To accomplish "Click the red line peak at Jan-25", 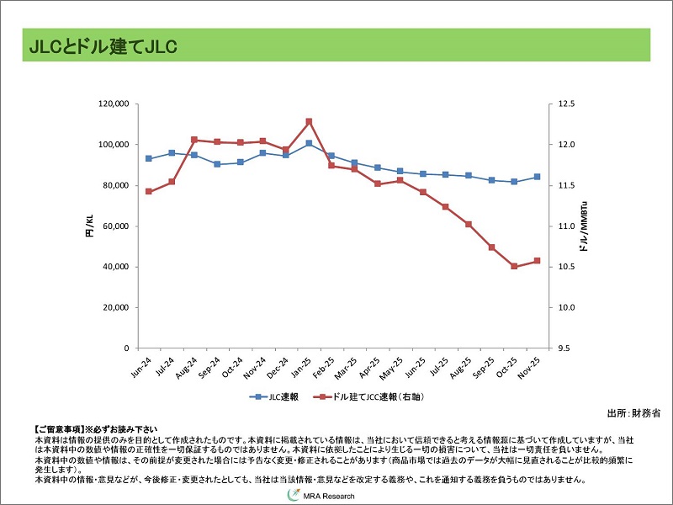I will pyautogui.click(x=309, y=121).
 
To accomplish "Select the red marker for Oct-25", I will pyautogui.click(x=514, y=266).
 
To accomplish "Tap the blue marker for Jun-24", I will pyautogui.click(x=149, y=158).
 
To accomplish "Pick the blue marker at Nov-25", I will pyautogui.click(x=537, y=177).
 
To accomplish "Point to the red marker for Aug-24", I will pyautogui.click(x=194, y=140).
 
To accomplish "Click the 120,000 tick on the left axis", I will pyautogui.click(x=114, y=104).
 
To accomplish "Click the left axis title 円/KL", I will pyautogui.click(x=89, y=226).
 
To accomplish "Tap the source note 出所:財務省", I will pyautogui.click(x=633, y=413).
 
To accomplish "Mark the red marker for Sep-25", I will pyautogui.click(x=491, y=247).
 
